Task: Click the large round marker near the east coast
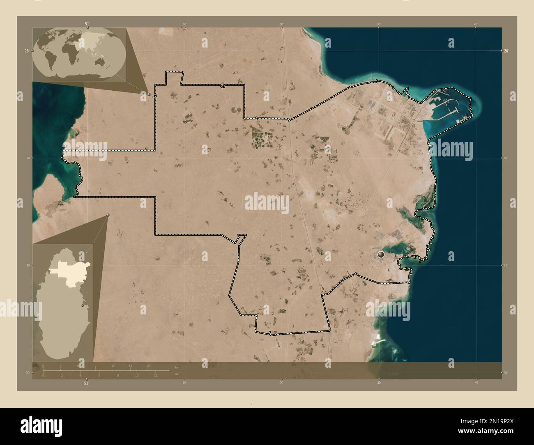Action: point(381,255)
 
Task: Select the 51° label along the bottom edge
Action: point(86,383)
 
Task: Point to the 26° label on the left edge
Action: point(26,50)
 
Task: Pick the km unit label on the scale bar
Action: point(177,367)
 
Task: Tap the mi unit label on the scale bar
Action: point(177,374)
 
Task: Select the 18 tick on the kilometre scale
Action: point(147,366)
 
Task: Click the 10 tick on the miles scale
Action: point(136,375)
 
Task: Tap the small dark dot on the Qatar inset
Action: point(83,305)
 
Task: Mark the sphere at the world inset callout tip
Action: point(149,94)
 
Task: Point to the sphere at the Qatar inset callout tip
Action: point(108,215)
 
